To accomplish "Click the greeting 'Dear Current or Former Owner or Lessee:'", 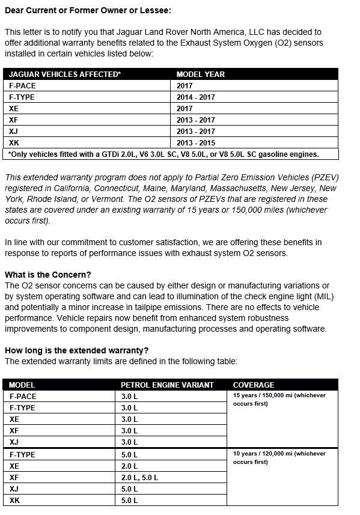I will pos(88,11).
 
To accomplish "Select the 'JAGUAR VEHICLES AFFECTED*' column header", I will pos(64,75).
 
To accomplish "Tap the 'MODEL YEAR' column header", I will pos(201,75).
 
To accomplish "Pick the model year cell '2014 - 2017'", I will pos(195,97).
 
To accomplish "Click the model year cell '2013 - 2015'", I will pos(195,142).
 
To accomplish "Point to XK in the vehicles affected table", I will pos(14,142).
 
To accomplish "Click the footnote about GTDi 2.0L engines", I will pos(164,154).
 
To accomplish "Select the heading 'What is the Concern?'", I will pos(48,275).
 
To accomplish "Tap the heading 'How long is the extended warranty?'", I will pos(76,350).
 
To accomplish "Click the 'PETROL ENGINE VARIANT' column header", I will pos(167,385).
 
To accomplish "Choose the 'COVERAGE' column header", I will pos(254,385).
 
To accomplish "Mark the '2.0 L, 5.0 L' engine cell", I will pos(140,477).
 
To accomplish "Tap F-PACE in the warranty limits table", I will pos(23,396).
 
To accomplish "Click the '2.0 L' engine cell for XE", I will pos(130,466).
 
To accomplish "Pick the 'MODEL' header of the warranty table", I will pos(22,385).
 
